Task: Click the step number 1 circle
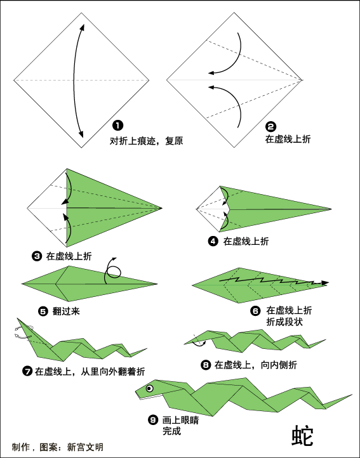tap(117, 126)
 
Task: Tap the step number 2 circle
tap(270, 127)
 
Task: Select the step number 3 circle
tap(37, 256)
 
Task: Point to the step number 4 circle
tap(213, 241)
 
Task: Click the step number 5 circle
tap(43, 311)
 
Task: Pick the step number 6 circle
tap(255, 311)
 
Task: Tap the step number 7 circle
tap(27, 371)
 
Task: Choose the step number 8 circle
tap(206, 365)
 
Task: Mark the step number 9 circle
tap(153, 420)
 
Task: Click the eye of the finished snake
tap(149, 388)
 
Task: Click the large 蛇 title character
tap(302, 436)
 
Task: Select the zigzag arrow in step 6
tap(274, 281)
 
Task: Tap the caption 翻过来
tap(66, 311)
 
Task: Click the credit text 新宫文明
tap(85, 447)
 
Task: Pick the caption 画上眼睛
tap(180, 420)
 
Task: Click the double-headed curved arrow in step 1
tap(74, 81)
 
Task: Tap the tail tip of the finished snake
tap(352, 395)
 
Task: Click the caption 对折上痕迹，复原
tap(146, 141)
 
